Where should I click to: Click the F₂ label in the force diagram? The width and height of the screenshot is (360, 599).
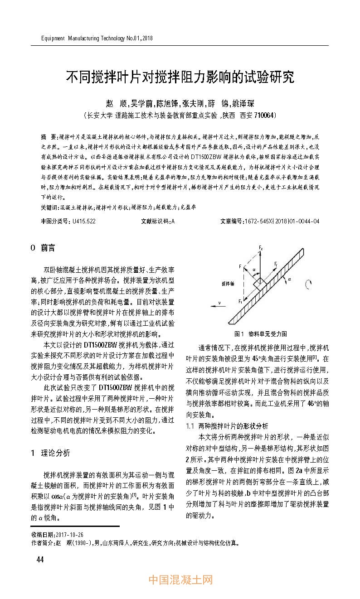tap(261, 247)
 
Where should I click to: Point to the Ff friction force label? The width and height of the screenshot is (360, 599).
tap(276, 263)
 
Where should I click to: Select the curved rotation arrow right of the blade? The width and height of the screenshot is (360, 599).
tap(308, 285)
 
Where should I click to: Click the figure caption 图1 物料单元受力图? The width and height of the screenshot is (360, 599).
tap(260, 334)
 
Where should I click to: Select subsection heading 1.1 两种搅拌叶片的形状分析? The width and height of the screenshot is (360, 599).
tap(227, 426)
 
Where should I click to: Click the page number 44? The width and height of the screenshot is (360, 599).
tap(40, 559)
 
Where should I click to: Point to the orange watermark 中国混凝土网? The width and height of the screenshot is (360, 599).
tap(180, 580)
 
